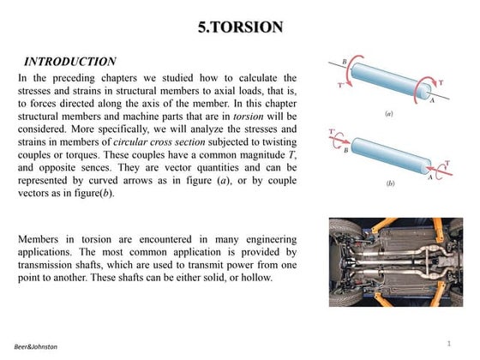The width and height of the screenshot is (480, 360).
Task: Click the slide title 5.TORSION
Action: click(239, 27)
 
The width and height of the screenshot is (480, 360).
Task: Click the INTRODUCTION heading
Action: click(69, 62)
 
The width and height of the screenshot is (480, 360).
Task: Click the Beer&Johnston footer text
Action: click(36, 346)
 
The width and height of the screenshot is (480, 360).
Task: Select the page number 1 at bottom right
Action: click(448, 344)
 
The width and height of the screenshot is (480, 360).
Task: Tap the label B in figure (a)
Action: click(345, 62)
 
